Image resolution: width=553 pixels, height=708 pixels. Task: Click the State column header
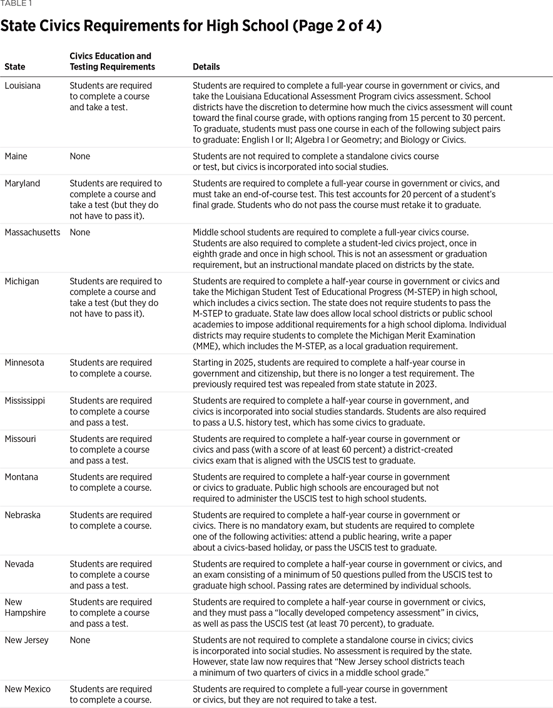tap(15, 67)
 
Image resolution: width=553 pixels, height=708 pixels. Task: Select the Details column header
tap(206, 67)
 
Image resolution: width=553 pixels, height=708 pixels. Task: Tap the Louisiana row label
tap(23, 86)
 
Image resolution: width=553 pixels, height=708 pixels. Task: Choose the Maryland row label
tap(23, 183)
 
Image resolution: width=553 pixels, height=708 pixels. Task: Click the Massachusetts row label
tap(33, 233)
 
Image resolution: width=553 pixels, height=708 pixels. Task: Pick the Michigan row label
tap(22, 282)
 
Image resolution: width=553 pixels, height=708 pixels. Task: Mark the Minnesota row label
tap(24, 363)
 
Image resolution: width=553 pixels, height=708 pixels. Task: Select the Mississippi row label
tap(25, 401)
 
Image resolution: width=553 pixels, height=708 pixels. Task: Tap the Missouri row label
tap(21, 439)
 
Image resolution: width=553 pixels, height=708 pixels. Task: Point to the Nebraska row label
tap(23, 515)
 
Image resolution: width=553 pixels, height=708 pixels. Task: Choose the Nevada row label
tap(19, 564)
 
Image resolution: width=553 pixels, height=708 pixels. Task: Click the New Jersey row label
tap(27, 640)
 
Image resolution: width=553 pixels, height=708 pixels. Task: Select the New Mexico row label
tap(28, 689)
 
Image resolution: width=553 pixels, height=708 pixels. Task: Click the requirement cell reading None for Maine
tap(80, 156)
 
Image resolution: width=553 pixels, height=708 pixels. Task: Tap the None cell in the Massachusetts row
tap(80, 233)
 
